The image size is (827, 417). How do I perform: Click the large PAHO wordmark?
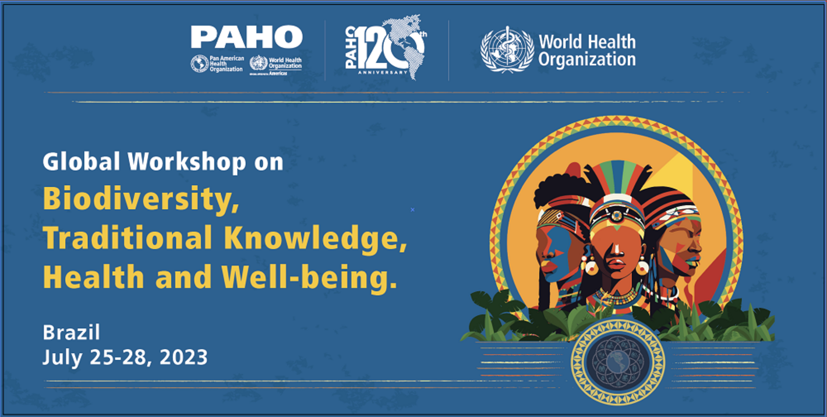[x=246, y=37]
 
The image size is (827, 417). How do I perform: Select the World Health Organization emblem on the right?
[x=507, y=50]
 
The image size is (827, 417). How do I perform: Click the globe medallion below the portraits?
[x=617, y=362]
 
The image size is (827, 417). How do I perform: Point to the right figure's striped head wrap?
[x=670, y=204]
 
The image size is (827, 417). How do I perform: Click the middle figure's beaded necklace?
[x=617, y=297]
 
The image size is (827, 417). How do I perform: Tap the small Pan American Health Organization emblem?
[x=200, y=63]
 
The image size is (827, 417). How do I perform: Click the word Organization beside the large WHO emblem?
[x=586, y=59]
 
